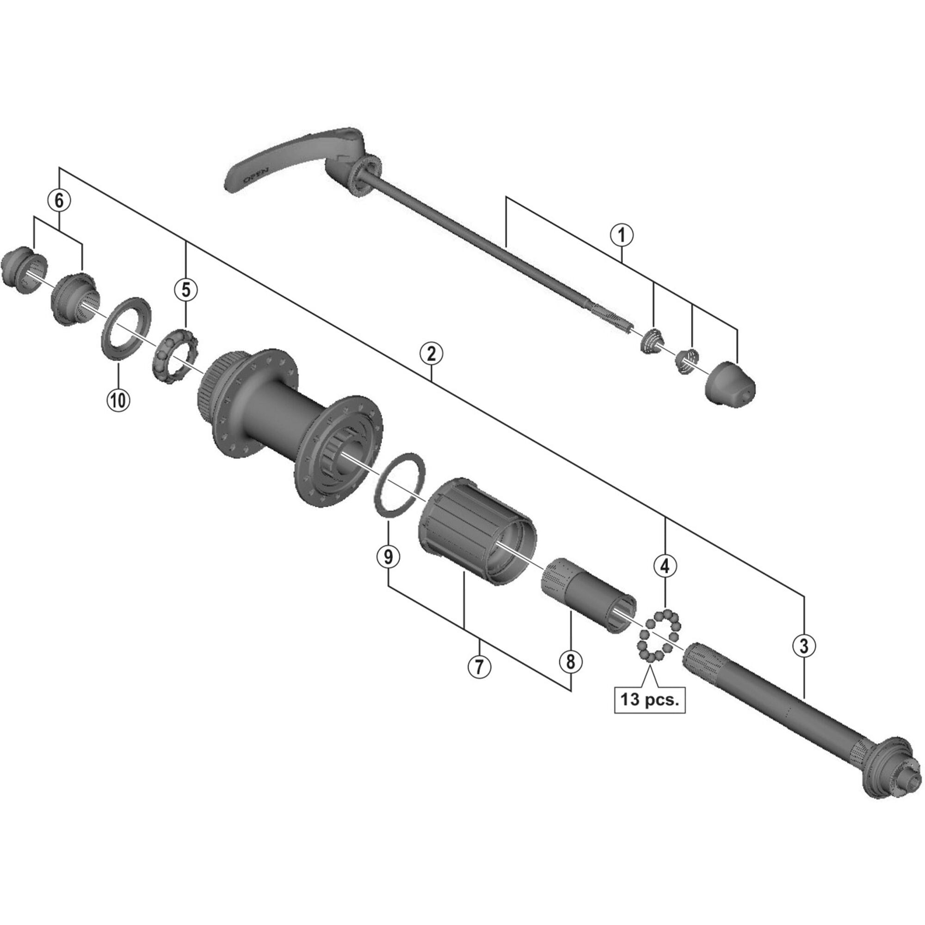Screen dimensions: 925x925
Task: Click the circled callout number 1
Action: click(x=622, y=235)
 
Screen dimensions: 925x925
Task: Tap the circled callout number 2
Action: click(x=431, y=355)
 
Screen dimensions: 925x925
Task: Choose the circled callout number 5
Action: click(x=186, y=289)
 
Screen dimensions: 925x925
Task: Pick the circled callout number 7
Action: click(x=480, y=666)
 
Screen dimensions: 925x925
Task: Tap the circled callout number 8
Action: click(x=570, y=662)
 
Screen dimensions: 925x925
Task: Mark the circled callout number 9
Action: click(x=388, y=556)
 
